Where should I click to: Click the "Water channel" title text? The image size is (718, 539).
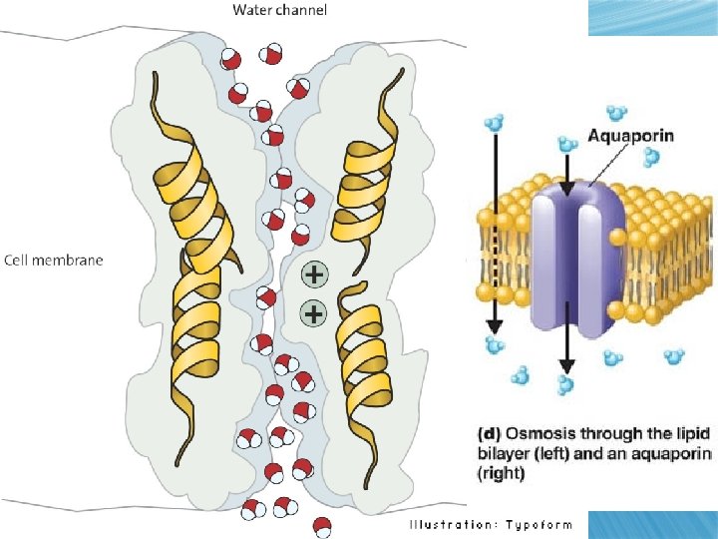(280, 11)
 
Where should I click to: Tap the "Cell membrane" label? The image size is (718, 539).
(54, 261)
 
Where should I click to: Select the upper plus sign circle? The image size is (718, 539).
(313, 272)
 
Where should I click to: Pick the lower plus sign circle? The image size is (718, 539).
(313, 313)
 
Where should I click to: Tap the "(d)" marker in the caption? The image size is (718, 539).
(487, 433)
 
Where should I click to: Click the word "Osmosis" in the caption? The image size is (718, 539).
(538, 433)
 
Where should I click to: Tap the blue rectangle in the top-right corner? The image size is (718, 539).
(652, 17)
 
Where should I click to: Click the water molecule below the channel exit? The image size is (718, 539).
(321, 525)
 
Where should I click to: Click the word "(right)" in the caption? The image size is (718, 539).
(496, 474)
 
